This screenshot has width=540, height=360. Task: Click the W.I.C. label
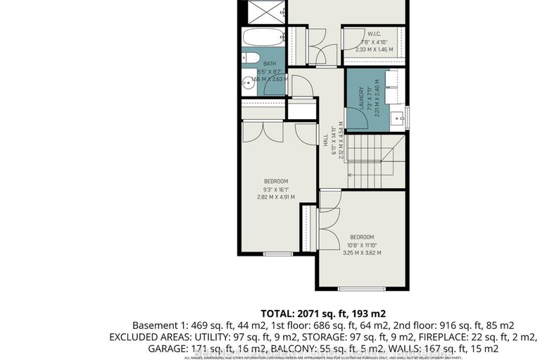point(374,34)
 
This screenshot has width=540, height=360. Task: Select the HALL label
point(325,145)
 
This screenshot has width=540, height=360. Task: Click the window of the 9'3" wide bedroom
point(277,253)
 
